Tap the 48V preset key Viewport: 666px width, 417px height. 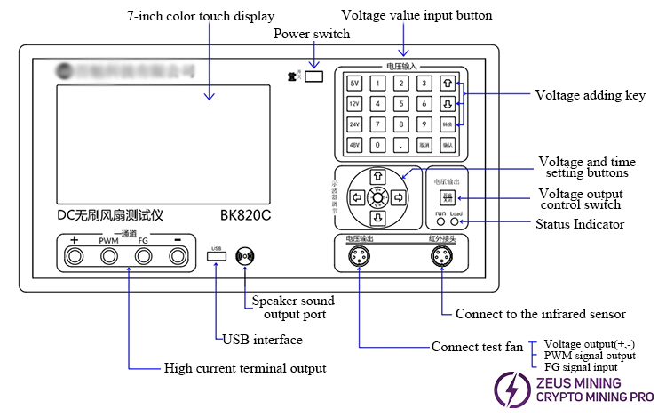click(x=354, y=144)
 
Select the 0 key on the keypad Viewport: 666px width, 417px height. click(x=377, y=144)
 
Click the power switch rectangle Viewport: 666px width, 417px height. click(x=314, y=77)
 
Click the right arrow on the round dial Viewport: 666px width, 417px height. click(x=399, y=196)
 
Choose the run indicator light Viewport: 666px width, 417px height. click(x=440, y=222)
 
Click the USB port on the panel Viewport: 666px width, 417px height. click(x=216, y=257)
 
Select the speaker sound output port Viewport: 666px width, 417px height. click(x=244, y=257)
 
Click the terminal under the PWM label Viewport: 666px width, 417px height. click(x=108, y=257)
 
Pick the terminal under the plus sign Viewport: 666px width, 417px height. click(x=75, y=257)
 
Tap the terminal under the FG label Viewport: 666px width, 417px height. click(x=143, y=257)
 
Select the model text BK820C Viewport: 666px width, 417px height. click(x=247, y=215)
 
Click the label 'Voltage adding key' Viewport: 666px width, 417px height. click(x=589, y=95)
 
